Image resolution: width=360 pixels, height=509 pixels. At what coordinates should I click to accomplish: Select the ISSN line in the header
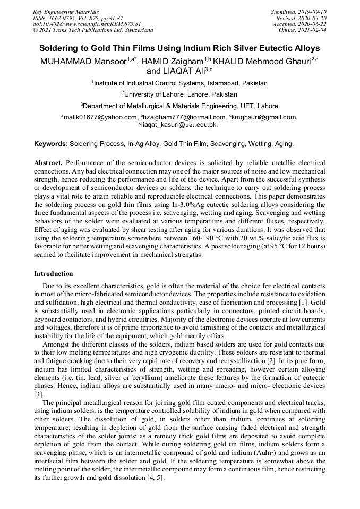pyautogui.click(x=78, y=18)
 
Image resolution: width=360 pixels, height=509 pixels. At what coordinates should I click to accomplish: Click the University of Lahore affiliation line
pyautogui.click(x=179, y=94)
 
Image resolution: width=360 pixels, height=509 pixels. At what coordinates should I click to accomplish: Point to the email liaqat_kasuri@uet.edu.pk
pyautogui.click(x=179, y=125)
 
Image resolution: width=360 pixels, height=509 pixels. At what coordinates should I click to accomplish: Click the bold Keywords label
pyautogui.click(x=50, y=144)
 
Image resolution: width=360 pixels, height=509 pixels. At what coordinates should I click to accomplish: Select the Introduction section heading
pyautogui.click(x=54, y=274)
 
